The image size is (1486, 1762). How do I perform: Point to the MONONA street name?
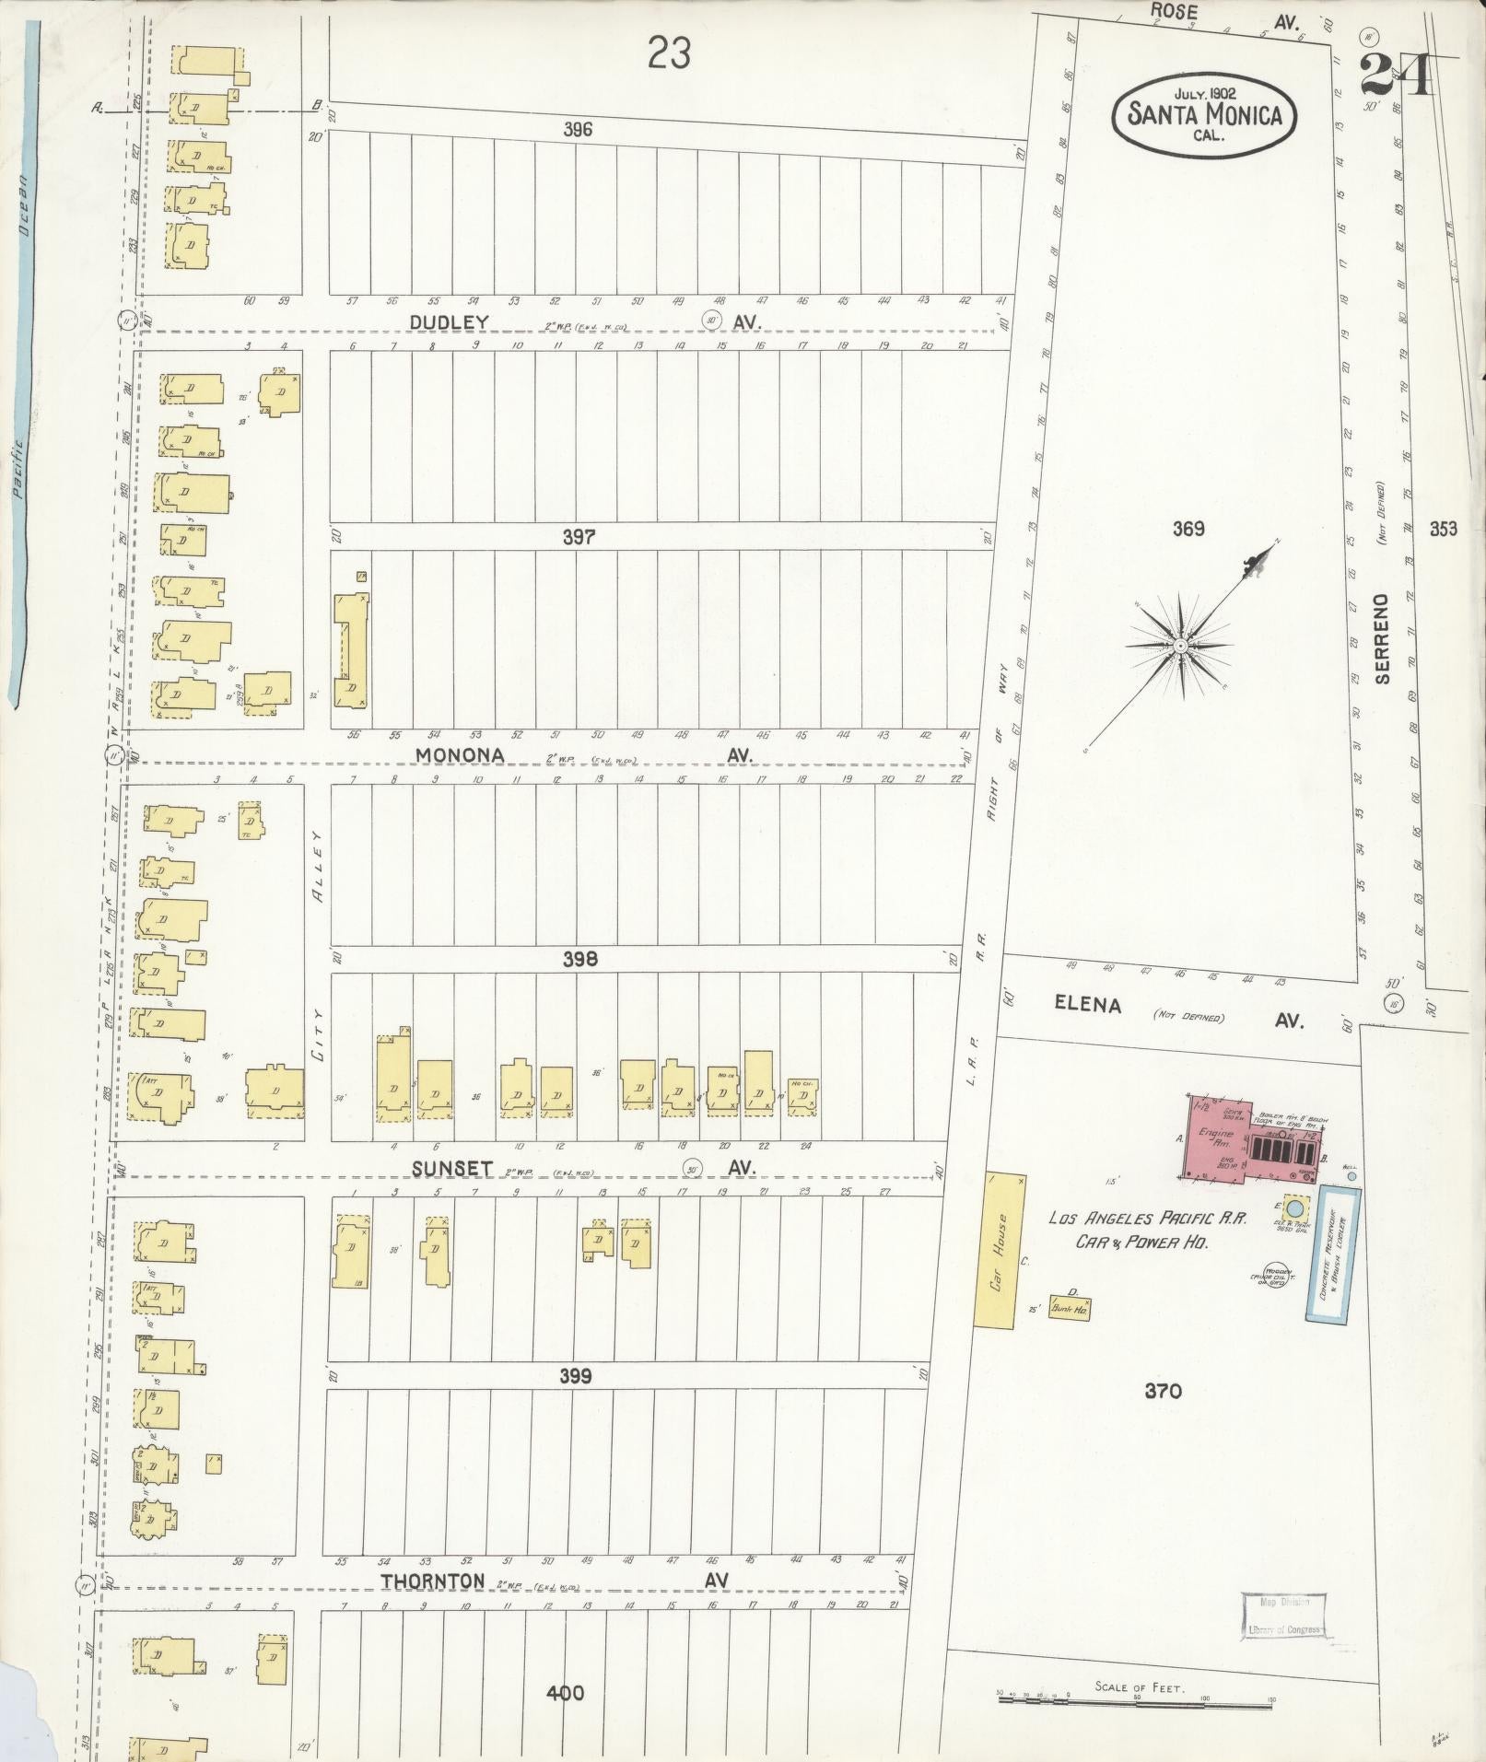coord(460,754)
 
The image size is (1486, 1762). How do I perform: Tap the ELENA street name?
coord(1088,1005)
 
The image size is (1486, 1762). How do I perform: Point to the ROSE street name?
coord(1175,12)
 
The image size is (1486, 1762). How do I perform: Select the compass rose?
coord(1180,647)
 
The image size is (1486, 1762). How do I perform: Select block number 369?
coord(1188,529)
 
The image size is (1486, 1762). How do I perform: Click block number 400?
coord(564,1693)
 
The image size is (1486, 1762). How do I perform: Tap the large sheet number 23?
coord(669,53)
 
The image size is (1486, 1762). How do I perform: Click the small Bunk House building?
coord(1070,1308)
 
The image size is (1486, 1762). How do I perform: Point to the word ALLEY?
coord(318,866)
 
